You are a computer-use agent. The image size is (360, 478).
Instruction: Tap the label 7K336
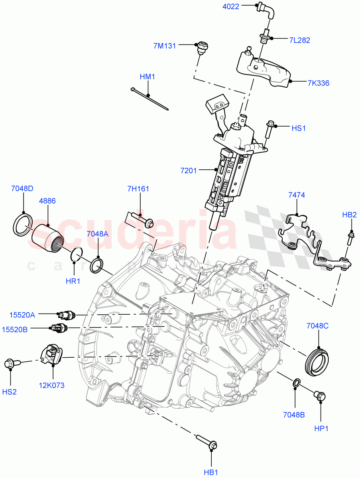318,83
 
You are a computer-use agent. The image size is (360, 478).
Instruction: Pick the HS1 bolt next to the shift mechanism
270,129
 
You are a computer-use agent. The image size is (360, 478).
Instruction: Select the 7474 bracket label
297,195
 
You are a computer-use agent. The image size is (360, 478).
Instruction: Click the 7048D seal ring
23,226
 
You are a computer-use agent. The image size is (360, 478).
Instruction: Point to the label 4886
47,202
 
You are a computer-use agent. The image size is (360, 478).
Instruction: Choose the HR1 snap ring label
73,281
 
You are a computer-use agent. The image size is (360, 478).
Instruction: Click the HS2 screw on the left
10,364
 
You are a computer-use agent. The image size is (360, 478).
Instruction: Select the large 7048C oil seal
318,361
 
